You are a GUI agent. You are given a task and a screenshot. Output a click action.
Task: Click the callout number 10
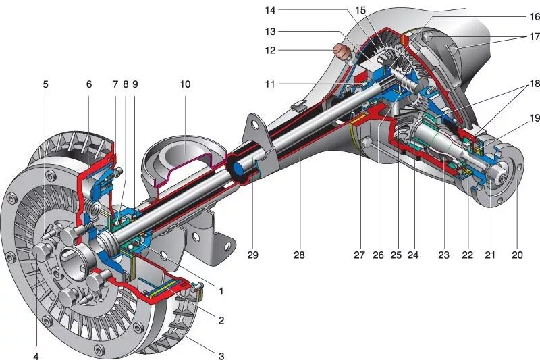185,84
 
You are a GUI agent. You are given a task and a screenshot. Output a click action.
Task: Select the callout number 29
252,255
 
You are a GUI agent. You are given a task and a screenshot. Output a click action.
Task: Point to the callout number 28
299,255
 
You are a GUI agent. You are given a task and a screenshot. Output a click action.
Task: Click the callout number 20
518,255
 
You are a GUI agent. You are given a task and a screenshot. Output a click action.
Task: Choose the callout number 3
221,355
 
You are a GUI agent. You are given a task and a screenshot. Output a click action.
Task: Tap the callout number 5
46,84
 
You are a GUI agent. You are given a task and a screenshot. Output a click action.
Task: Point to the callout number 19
534,118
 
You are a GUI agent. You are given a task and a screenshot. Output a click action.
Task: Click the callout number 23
443,255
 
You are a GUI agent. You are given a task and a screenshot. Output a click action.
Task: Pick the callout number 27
359,255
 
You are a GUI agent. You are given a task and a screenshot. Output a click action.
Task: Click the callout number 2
221,320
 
